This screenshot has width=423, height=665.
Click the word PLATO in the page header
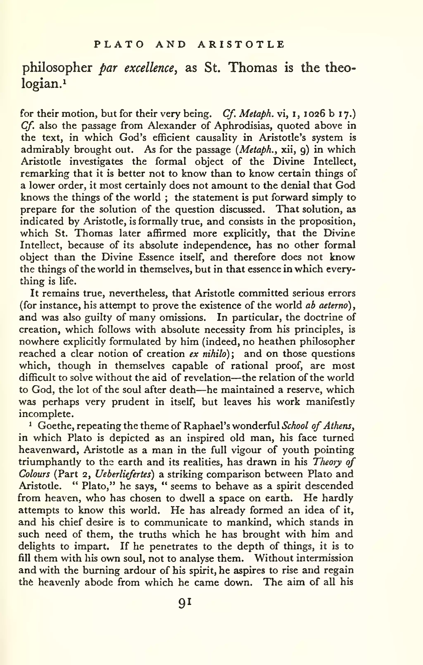coord(119,44)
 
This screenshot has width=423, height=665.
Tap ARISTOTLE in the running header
coord(241,44)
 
